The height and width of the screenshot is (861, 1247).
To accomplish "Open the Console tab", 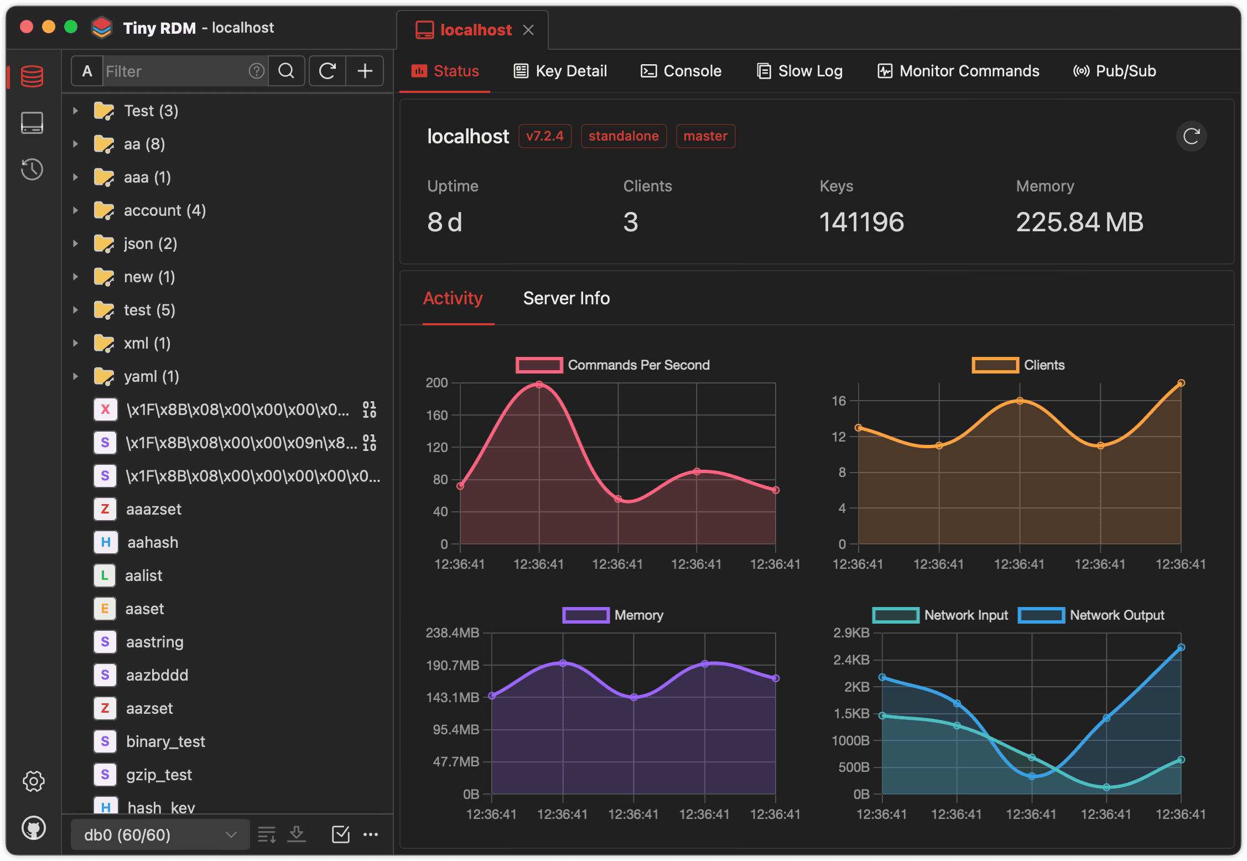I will click(x=681, y=71).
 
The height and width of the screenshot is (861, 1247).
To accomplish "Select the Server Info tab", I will click(x=566, y=298).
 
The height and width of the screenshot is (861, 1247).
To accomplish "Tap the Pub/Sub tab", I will click(x=1115, y=71).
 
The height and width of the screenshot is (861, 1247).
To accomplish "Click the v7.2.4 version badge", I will click(x=544, y=136).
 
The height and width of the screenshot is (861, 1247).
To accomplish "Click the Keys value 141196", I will click(x=861, y=222).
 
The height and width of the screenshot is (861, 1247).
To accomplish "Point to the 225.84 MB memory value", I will click(x=1079, y=222).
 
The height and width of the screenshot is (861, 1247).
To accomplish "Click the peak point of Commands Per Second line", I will click(x=539, y=385).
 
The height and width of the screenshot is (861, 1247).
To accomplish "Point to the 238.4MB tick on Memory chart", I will click(x=452, y=632).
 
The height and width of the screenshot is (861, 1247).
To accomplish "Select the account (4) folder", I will click(x=164, y=210).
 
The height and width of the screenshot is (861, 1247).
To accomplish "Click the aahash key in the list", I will click(x=153, y=542).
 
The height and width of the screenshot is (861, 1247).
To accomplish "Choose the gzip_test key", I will click(x=159, y=775).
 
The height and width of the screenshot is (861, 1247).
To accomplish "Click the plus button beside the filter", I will click(x=365, y=71).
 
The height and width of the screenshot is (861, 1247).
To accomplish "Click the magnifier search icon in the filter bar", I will click(x=286, y=71).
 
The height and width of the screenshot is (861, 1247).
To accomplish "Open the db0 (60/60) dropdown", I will click(x=160, y=834).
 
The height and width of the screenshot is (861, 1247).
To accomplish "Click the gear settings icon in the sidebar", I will click(x=33, y=781).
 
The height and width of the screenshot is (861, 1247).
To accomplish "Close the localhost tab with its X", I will click(x=528, y=30).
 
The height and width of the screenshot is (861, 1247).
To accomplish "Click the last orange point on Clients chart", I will click(x=1181, y=383).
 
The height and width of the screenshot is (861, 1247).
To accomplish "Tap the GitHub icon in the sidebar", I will click(x=33, y=828).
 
